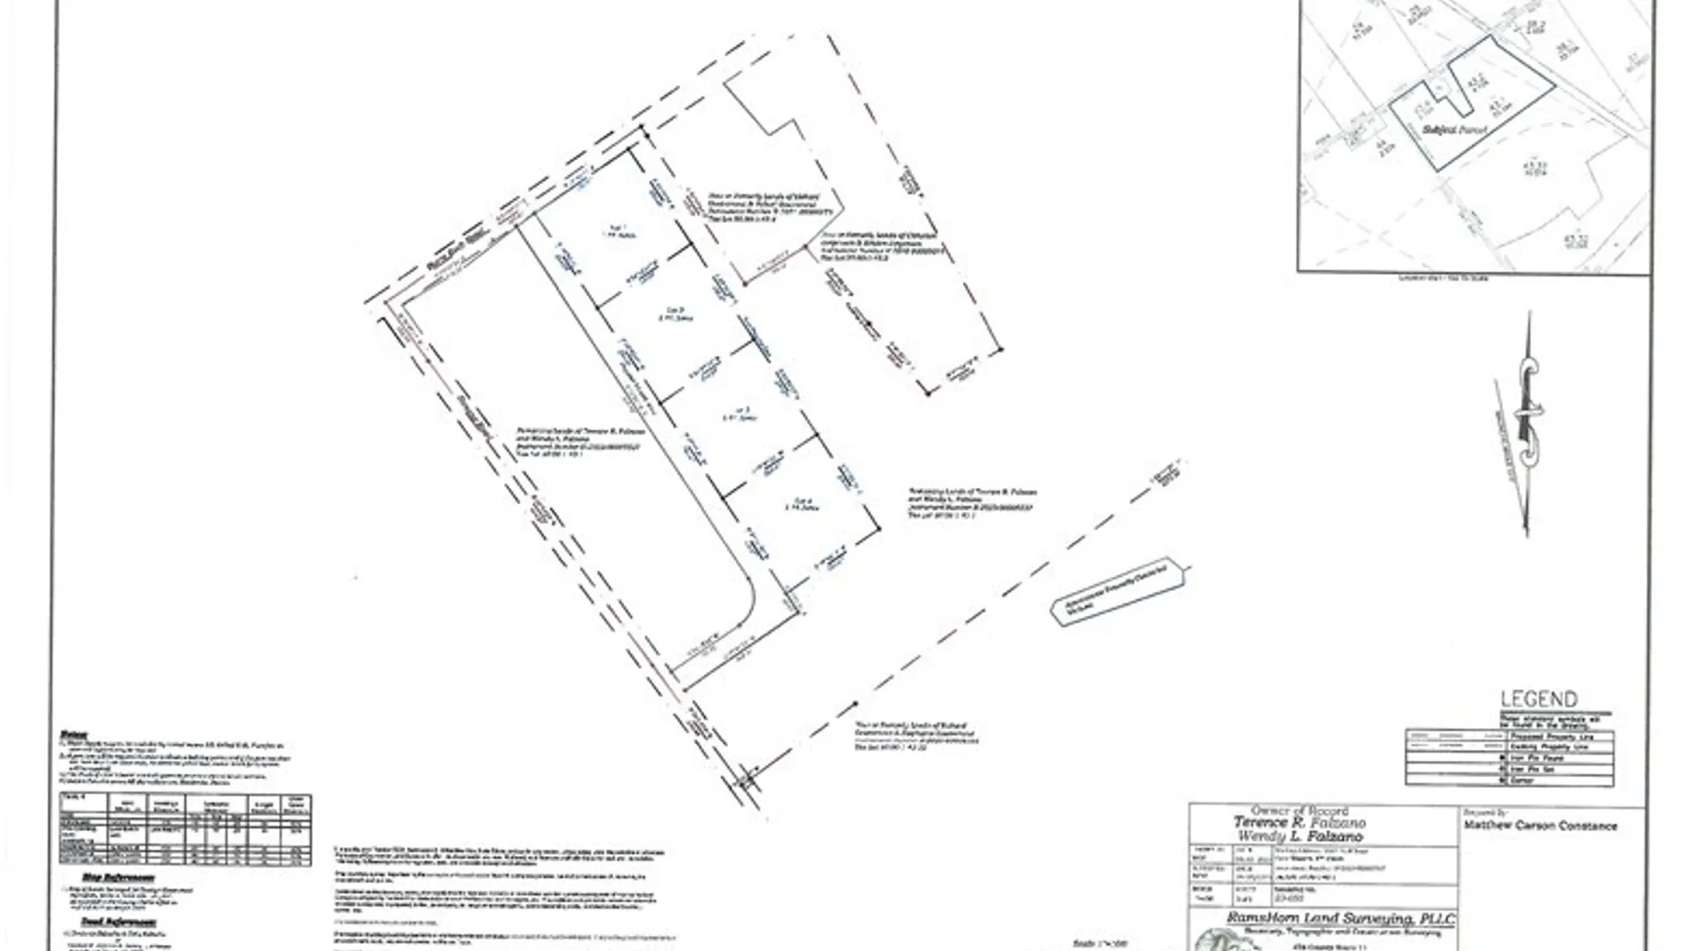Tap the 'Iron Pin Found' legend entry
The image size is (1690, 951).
pyautogui.click(x=1537, y=758)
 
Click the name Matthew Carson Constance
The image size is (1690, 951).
pyautogui.click(x=1539, y=826)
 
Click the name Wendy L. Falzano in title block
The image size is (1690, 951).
pyautogui.click(x=1300, y=836)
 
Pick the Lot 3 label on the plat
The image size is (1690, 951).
pyautogui.click(x=741, y=413)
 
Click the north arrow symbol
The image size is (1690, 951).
pyautogui.click(x=1528, y=423)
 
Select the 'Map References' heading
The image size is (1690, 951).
pyautogui.click(x=119, y=878)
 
